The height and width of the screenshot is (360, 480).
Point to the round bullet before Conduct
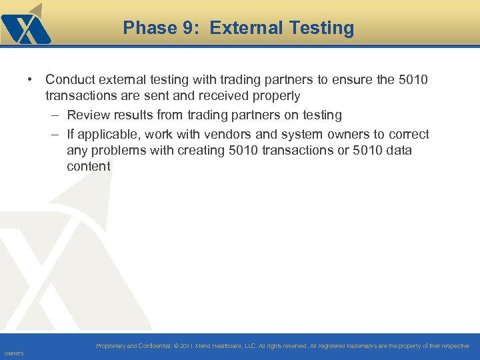point(31,80)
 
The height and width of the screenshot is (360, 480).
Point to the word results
point(135,115)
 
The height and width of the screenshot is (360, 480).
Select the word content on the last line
point(89,166)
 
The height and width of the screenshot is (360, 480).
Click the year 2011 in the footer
point(186,346)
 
